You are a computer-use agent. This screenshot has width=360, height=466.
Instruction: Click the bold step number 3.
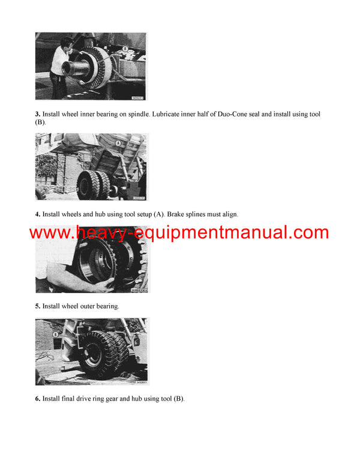pos(37,114)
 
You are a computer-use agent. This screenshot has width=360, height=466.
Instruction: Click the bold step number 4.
pos(37,214)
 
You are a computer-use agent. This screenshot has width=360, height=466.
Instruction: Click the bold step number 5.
pos(37,306)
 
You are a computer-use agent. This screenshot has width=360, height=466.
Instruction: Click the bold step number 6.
pos(37,399)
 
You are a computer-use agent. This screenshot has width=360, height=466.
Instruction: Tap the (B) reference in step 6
pos(178,399)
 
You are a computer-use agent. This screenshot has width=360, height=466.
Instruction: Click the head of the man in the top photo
pos(67,43)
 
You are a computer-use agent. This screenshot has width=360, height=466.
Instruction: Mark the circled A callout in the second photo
pos(118,144)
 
